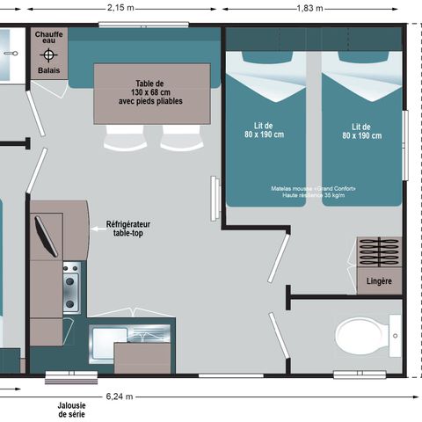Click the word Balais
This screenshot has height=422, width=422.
pyautogui.click(x=47, y=71)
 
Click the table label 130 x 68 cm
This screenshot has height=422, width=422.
pyautogui.click(x=152, y=93)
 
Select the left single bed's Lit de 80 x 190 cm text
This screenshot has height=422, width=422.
pyautogui.click(x=266, y=131)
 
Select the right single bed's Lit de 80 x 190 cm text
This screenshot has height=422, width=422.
pyautogui.click(x=360, y=131)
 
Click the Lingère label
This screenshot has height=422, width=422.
pyautogui.click(x=378, y=281)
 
